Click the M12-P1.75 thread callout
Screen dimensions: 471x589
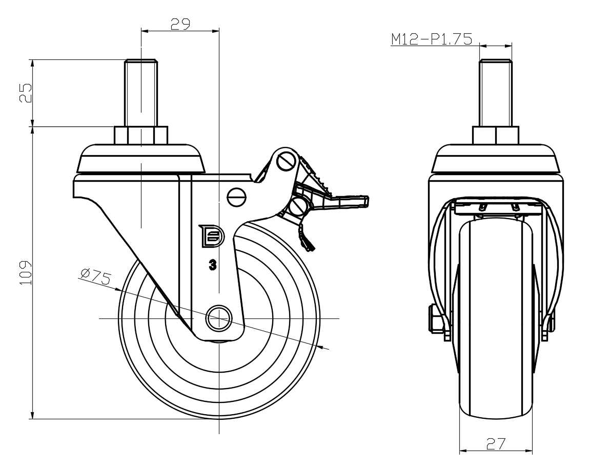tap(431, 40)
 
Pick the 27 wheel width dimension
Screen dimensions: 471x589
tap(496, 443)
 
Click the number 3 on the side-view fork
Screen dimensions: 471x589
tap(212, 265)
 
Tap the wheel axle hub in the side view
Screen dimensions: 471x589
tap(218, 318)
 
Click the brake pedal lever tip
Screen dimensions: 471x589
tap(362, 201)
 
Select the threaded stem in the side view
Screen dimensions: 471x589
tap(141, 92)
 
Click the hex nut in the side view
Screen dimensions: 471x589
tap(140, 135)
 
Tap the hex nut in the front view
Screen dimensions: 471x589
tap(496, 135)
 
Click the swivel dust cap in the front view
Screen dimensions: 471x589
tap(496, 159)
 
